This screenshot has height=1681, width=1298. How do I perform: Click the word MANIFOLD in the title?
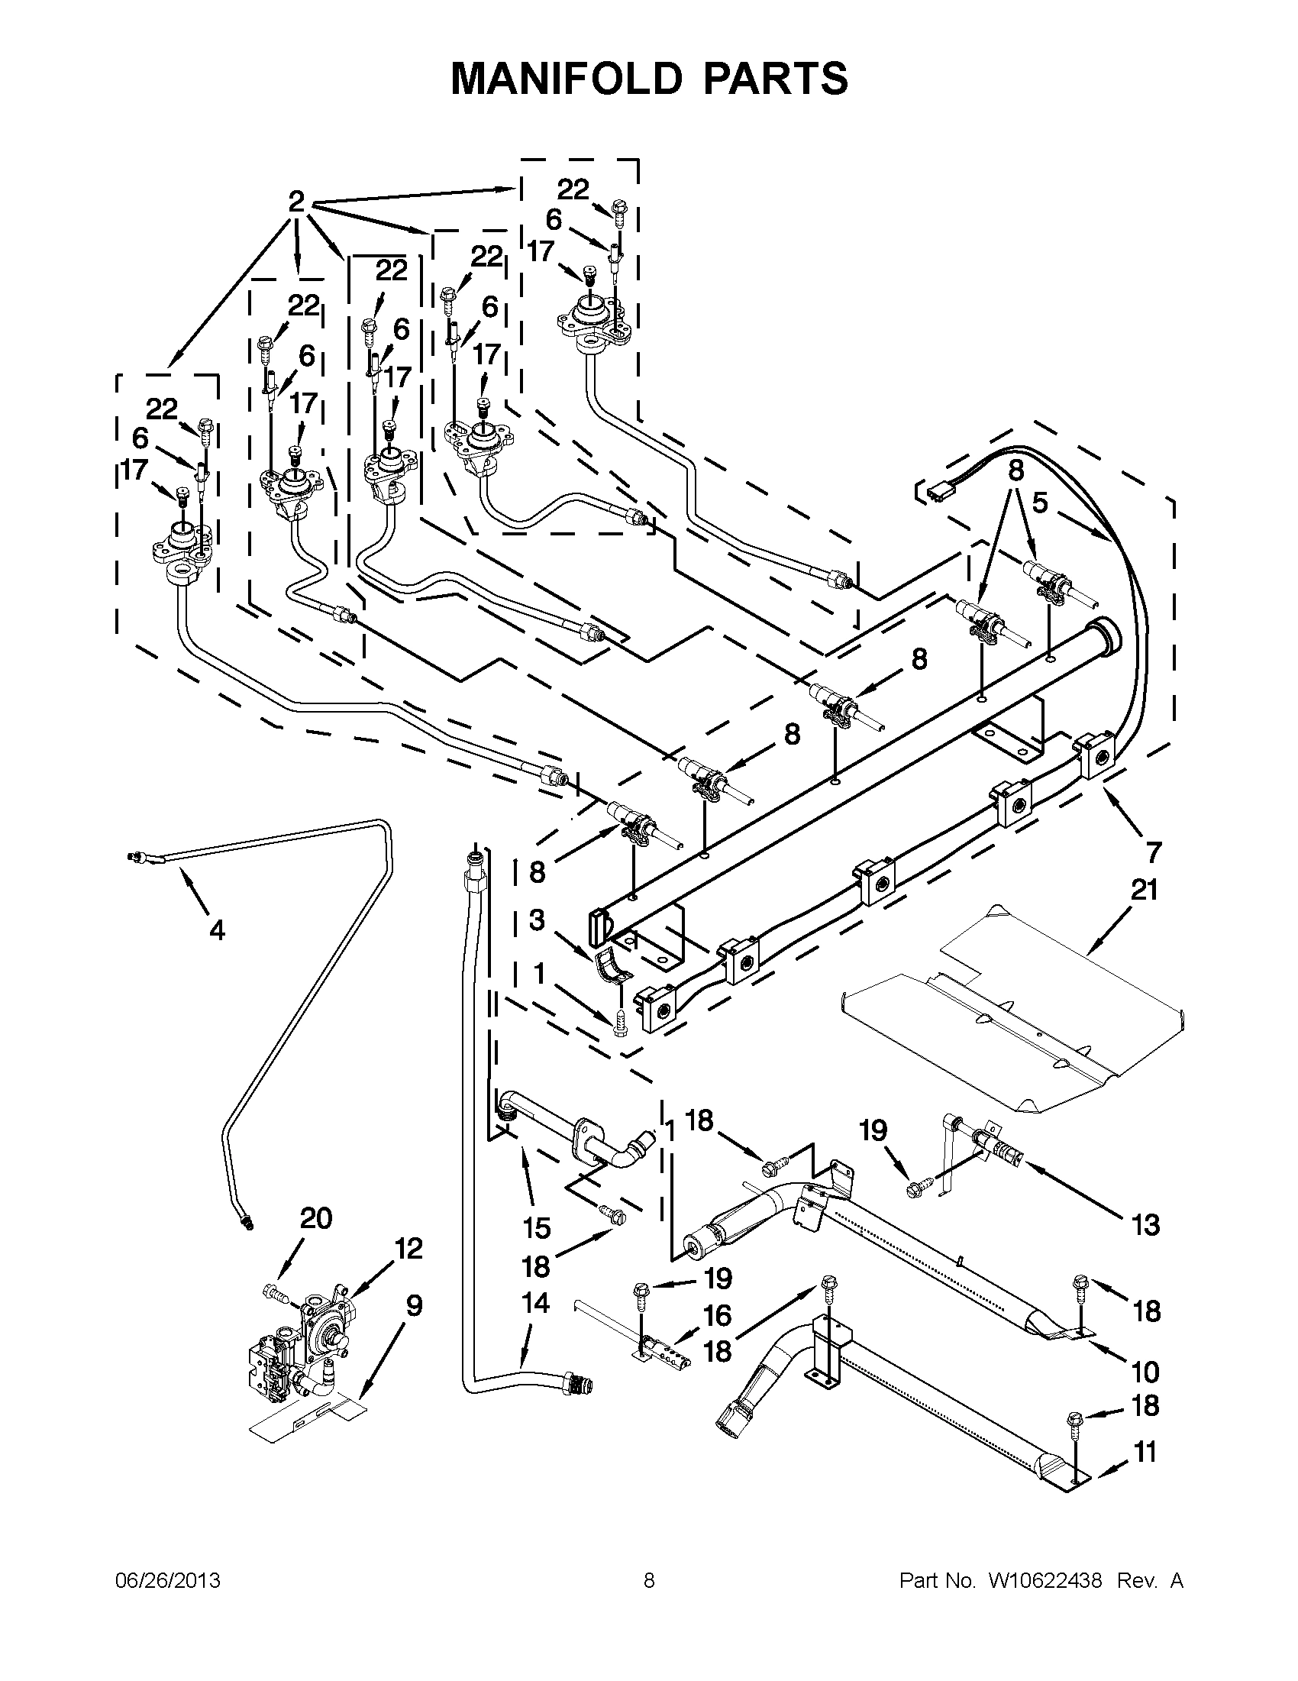(565, 78)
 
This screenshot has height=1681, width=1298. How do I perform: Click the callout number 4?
(218, 930)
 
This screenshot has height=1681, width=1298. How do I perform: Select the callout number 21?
(1144, 891)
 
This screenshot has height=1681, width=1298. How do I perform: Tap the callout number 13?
(1145, 1224)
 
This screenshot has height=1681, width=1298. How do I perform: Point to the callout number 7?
(1153, 852)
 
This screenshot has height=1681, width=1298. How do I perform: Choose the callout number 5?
(1039, 503)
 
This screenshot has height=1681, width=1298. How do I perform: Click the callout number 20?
(315, 1218)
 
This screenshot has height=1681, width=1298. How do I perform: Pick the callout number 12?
(408, 1249)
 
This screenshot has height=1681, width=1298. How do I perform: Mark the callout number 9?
(414, 1305)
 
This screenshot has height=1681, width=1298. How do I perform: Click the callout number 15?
(536, 1227)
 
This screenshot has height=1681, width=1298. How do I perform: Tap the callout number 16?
(717, 1315)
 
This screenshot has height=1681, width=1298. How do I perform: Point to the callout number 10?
(1145, 1372)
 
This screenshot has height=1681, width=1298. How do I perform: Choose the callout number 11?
(1145, 1453)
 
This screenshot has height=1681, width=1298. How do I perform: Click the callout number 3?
(536, 920)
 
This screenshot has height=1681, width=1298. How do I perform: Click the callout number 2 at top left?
(296, 202)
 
